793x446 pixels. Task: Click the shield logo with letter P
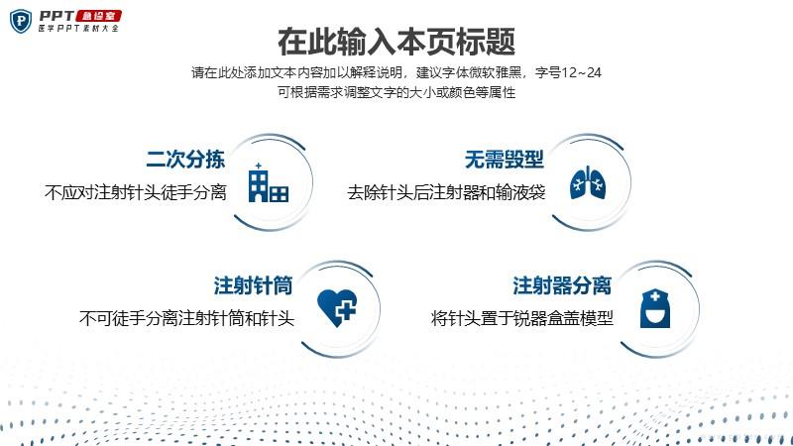pyautogui.click(x=21, y=21)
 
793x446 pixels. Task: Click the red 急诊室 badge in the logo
pyautogui.click(x=98, y=16)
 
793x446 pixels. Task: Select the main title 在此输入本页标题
pyautogui.click(x=396, y=42)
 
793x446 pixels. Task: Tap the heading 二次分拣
pyautogui.click(x=185, y=160)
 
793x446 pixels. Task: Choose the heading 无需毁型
pyautogui.click(x=504, y=160)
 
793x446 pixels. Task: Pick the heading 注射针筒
pyautogui.click(x=253, y=285)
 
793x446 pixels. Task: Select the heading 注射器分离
pyautogui.click(x=562, y=285)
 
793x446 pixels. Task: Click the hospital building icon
pyautogui.click(x=268, y=182)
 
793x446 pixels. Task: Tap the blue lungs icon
pyautogui.click(x=587, y=182)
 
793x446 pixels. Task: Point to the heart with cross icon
pyautogui.click(x=337, y=307)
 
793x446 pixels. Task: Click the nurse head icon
pyautogui.click(x=655, y=308)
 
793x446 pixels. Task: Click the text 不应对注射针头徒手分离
pyautogui.click(x=136, y=192)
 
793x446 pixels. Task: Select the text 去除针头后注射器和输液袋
pyautogui.click(x=446, y=192)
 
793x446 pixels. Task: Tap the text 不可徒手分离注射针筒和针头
pyautogui.click(x=186, y=318)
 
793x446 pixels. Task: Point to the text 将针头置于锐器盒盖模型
pyautogui.click(x=522, y=318)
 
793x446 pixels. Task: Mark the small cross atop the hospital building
pyautogui.click(x=259, y=166)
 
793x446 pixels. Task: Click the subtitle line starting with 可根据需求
pyautogui.click(x=396, y=92)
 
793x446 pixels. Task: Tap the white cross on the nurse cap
pyautogui.click(x=655, y=297)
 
